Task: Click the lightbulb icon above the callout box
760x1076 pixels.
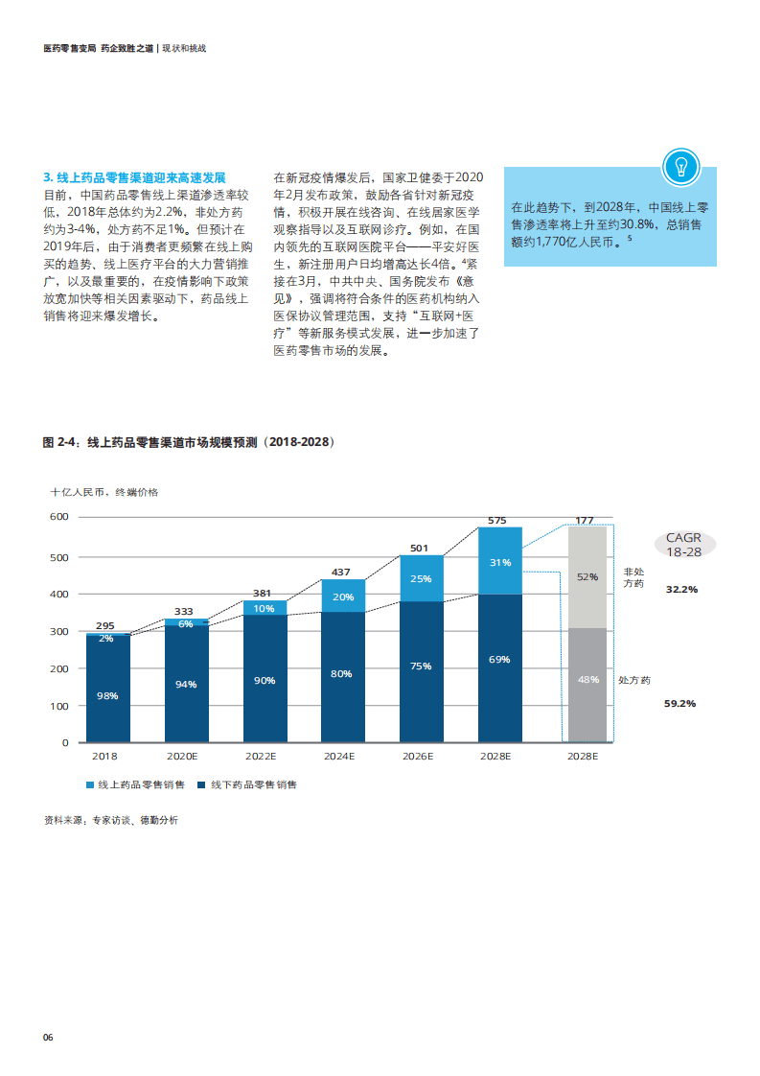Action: pos(681,167)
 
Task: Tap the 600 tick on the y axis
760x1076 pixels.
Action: pos(59,517)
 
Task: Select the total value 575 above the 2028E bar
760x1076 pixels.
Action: pos(496,521)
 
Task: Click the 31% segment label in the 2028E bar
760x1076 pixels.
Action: pos(500,563)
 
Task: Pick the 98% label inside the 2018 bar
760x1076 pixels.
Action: pos(107,695)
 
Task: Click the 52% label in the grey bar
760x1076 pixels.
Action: pos(587,577)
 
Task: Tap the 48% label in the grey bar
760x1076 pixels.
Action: pos(587,679)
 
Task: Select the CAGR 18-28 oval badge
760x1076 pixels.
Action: pos(684,545)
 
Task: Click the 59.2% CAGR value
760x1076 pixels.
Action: pos(679,703)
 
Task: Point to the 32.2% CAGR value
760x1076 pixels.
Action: pos(681,589)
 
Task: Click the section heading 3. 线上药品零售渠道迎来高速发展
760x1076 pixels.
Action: pos(134,177)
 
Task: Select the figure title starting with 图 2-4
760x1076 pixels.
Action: pos(189,442)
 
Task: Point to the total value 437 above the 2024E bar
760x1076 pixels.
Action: pos(340,573)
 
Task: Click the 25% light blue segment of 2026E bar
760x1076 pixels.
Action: pos(422,578)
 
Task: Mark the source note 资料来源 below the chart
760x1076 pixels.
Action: pos(110,820)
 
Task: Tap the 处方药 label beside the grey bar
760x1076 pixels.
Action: pos(634,680)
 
